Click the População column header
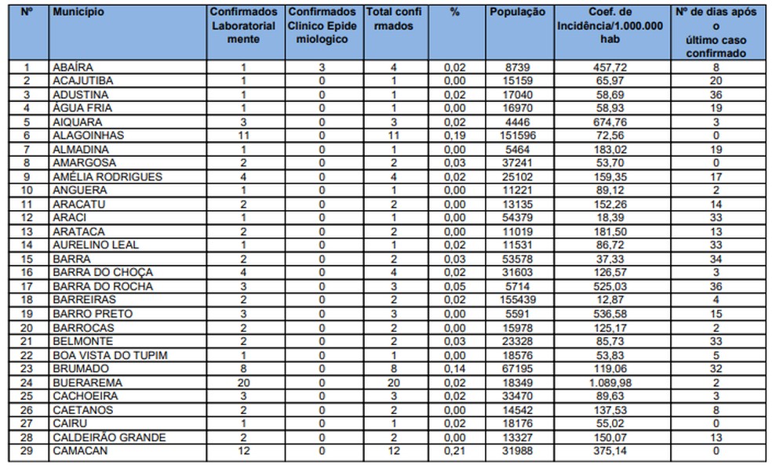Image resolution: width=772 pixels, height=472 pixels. click(x=517, y=13)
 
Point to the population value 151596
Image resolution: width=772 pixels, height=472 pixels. click(x=517, y=136)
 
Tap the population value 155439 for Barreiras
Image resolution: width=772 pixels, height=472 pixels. click(x=517, y=300)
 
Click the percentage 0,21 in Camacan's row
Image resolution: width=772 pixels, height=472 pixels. click(x=454, y=451)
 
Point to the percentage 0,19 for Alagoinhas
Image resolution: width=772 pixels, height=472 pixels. click(x=454, y=136)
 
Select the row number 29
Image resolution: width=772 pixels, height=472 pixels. click(x=27, y=451)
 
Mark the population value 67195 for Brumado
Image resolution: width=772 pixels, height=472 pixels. click(x=517, y=369)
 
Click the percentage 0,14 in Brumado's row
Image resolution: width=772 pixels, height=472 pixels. click(x=454, y=369)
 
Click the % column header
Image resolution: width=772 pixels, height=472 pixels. click(x=454, y=13)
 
